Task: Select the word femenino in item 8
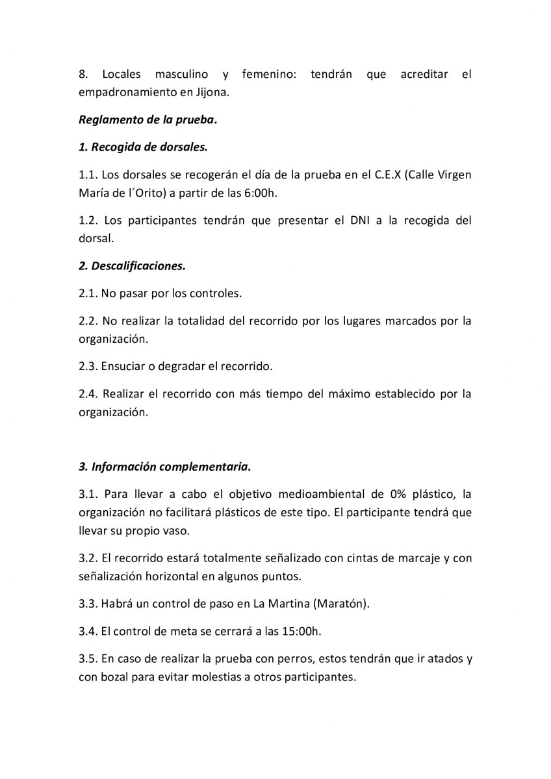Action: coord(269,75)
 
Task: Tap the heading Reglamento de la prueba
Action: coord(147,120)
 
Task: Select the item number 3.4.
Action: coord(87,630)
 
